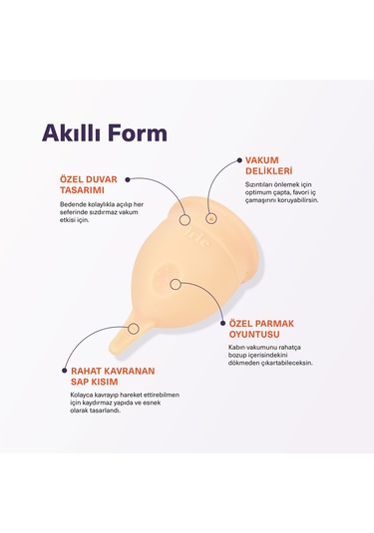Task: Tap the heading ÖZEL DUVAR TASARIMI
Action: pos(88,185)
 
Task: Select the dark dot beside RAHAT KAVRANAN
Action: pos(64,369)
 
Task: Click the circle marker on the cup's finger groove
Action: pos(176,283)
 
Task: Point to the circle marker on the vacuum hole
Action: pos(209,216)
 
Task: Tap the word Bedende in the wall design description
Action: pos(76,205)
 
